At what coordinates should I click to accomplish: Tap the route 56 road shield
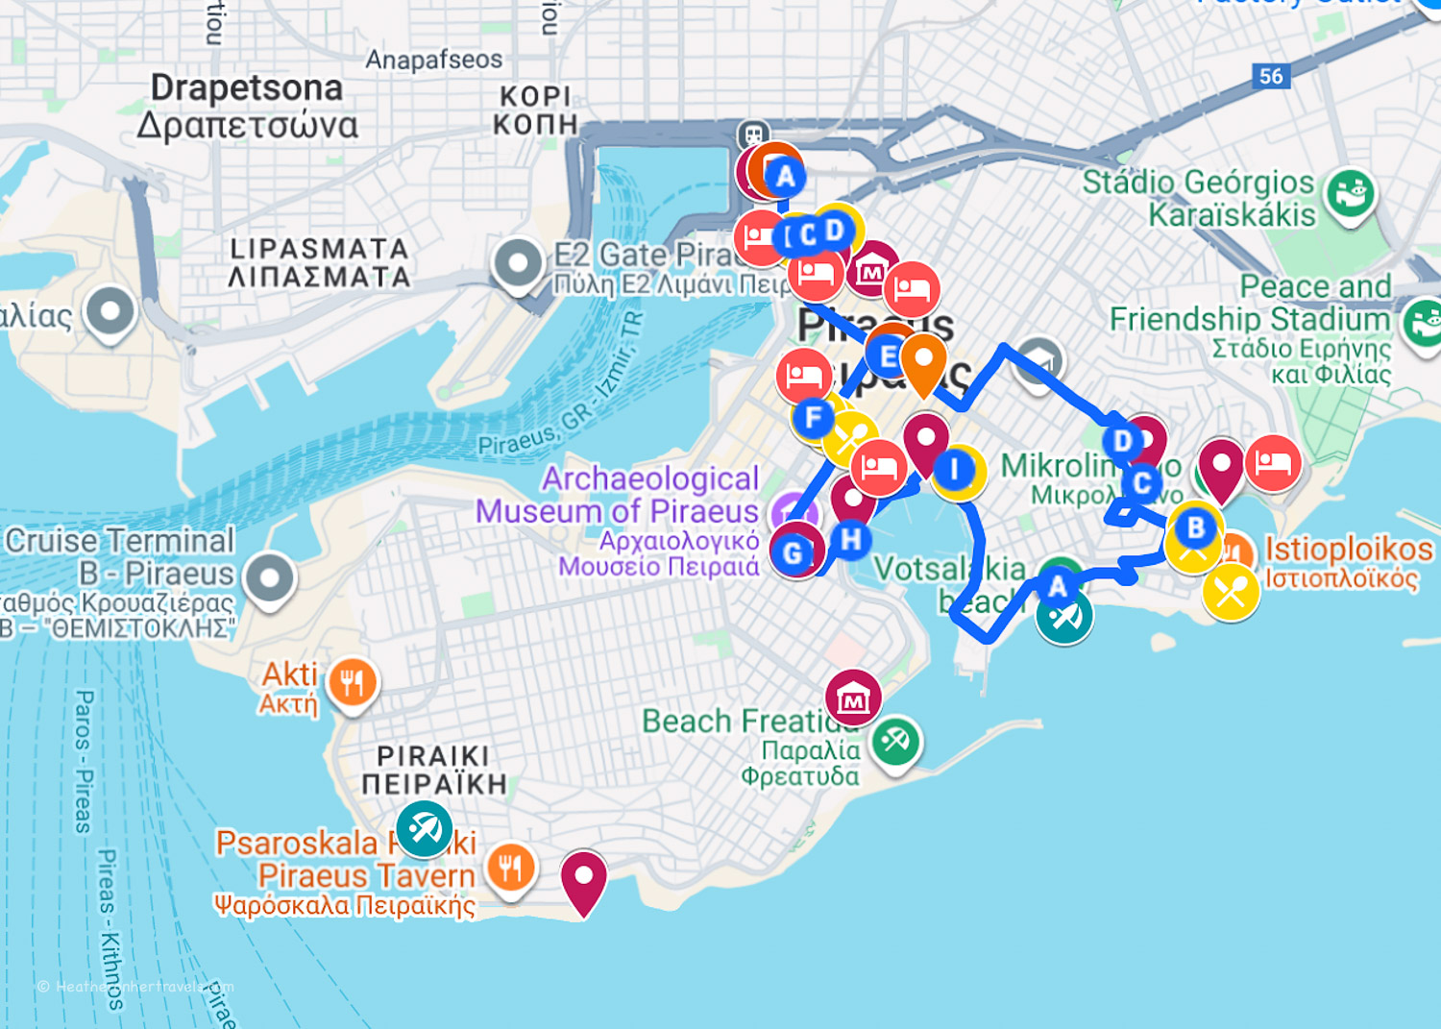(x=1270, y=76)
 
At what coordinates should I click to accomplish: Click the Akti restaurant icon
(x=353, y=682)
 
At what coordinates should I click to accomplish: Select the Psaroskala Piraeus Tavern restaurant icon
(x=510, y=868)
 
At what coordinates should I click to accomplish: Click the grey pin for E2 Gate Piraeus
(x=518, y=261)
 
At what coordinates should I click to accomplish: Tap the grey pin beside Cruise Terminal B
(x=270, y=577)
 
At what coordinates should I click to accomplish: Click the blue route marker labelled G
(x=793, y=553)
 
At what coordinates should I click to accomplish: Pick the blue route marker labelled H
(x=850, y=539)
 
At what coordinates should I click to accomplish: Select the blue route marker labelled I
(x=954, y=470)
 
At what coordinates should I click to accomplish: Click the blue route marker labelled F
(x=814, y=417)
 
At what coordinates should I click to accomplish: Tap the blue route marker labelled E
(x=889, y=356)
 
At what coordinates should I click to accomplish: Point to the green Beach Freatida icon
(x=895, y=741)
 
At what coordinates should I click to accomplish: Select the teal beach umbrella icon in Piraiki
(x=424, y=827)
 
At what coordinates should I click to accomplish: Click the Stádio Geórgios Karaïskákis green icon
(x=1350, y=192)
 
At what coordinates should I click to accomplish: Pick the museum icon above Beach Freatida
(x=853, y=698)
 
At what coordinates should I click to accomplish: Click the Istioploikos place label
(x=1348, y=550)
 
